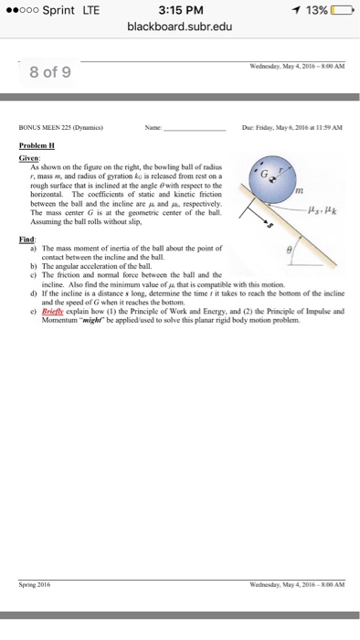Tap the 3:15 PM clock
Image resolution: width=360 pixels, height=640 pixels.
(179, 9)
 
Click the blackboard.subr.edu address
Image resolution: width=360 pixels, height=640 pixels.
(179, 27)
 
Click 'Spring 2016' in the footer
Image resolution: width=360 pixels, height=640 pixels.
(35, 582)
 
